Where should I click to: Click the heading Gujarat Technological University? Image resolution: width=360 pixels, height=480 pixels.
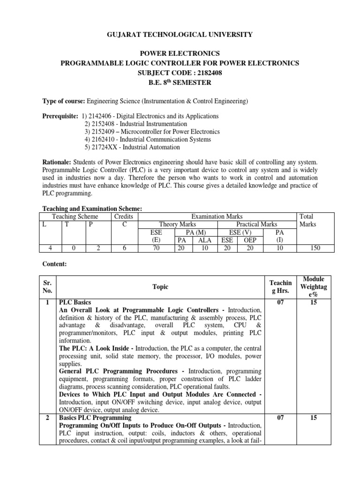point(180,34)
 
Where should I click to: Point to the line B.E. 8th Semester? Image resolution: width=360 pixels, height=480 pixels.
point(180,82)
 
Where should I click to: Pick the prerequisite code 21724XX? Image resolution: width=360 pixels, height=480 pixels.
point(102,147)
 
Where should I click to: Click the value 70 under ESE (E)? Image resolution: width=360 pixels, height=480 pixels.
point(156,248)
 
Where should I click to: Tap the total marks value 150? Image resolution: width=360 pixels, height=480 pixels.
point(315,248)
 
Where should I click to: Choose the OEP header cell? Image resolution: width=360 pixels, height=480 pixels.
point(250,240)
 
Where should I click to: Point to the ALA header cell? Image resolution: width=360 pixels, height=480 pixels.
point(204,240)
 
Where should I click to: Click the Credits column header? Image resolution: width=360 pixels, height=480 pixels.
point(124,216)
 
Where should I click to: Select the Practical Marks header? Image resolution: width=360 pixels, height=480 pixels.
point(256,224)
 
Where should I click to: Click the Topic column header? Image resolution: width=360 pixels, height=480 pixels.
point(160,287)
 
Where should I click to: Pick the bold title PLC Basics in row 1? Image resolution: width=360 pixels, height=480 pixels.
point(75,302)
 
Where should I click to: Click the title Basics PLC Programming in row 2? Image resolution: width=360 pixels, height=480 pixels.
point(95,417)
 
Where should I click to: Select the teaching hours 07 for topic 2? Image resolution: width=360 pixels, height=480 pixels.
point(280,417)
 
